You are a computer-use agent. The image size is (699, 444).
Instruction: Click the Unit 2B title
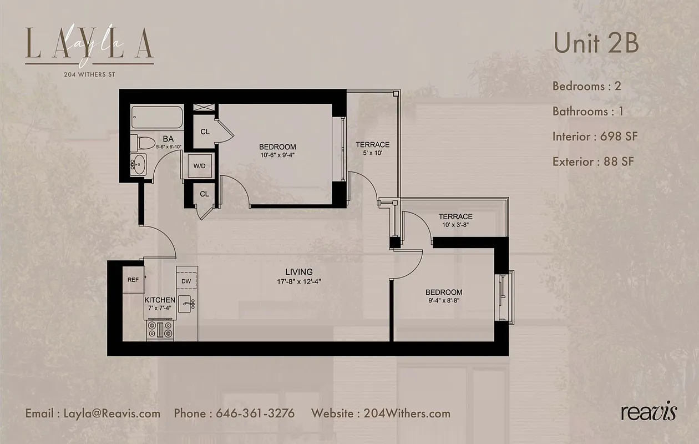(x=596, y=44)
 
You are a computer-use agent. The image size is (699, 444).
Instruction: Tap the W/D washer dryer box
(x=199, y=166)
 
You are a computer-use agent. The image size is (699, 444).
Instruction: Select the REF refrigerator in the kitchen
(x=133, y=280)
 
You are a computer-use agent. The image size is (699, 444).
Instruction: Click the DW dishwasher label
(x=187, y=281)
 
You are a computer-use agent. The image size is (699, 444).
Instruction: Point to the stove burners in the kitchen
(x=160, y=330)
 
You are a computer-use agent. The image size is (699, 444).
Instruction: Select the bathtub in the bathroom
(x=157, y=118)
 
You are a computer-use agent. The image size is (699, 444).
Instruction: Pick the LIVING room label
(x=299, y=272)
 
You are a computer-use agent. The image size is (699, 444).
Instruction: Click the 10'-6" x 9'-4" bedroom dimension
(x=277, y=155)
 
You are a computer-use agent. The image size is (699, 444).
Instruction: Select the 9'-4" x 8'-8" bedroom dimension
(x=444, y=301)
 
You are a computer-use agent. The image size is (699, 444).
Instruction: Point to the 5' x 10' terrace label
(x=372, y=153)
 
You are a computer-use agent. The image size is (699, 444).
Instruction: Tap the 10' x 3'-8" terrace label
(x=455, y=225)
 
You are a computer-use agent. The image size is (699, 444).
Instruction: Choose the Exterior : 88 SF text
(x=593, y=162)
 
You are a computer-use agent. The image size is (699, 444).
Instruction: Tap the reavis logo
(x=649, y=412)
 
